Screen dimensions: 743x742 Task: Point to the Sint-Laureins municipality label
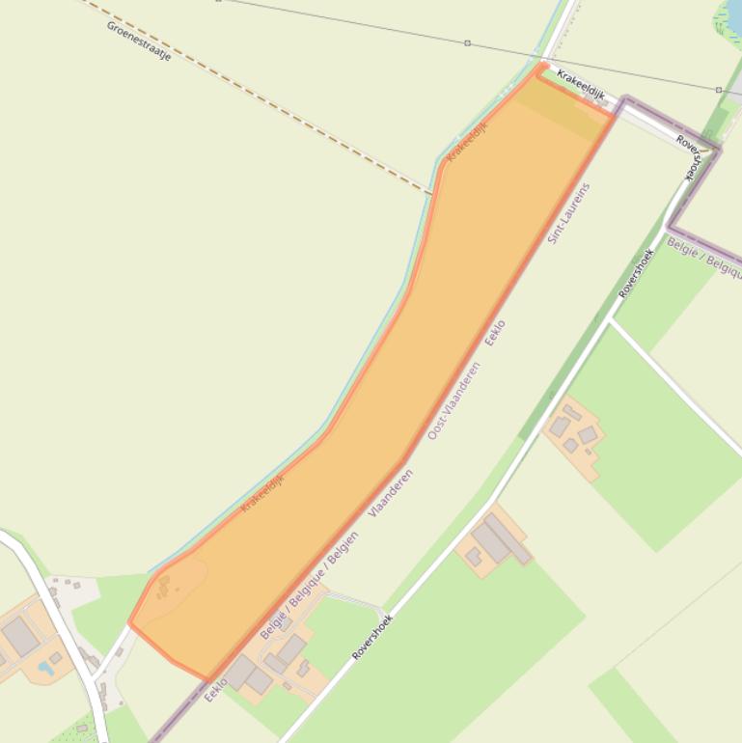coord(569,212)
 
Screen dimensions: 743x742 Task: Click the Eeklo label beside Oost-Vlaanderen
coord(495,334)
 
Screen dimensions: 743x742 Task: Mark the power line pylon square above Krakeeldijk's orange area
coord(468,43)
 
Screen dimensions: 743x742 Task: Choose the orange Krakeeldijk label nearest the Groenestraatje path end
coord(467,142)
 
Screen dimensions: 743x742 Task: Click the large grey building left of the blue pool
coord(20,636)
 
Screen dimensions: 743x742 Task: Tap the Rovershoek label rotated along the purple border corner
coord(693,156)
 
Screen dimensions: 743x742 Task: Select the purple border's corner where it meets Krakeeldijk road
coord(623,100)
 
